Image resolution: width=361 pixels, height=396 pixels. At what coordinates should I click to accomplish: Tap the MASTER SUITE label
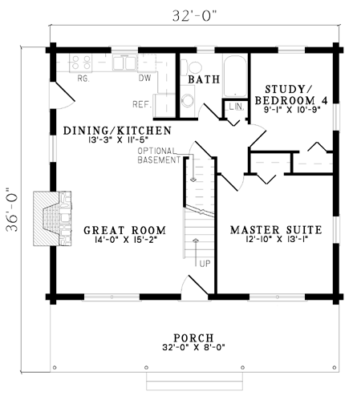[275, 230]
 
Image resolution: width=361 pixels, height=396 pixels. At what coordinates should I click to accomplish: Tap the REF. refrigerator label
[141, 103]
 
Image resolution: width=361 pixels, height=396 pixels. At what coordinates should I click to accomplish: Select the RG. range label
[82, 79]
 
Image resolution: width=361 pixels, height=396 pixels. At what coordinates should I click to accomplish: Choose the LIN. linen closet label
[236, 107]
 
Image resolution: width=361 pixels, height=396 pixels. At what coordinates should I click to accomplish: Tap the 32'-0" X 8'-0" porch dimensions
[193, 347]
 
